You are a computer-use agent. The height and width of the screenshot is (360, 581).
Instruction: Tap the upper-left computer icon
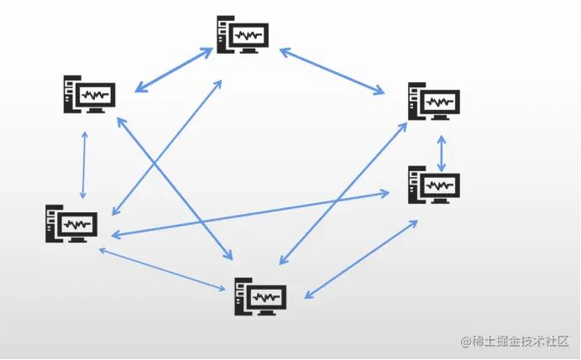[x=89, y=95]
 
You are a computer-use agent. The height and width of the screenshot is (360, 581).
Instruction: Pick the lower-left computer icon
[x=71, y=224]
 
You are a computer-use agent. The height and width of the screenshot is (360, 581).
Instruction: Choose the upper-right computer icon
[x=433, y=102]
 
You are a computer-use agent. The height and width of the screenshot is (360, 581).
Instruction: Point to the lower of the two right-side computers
[x=433, y=185]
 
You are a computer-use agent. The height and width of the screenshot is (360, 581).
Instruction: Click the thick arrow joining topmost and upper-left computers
[x=174, y=70]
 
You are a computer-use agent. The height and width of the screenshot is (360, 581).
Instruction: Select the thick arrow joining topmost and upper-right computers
[x=332, y=70]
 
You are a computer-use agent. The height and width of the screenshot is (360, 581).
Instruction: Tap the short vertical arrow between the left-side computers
[x=83, y=164]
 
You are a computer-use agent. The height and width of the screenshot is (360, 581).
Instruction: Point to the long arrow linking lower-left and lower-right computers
[x=252, y=213]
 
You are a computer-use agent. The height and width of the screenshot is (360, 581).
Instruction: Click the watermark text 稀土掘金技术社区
[x=521, y=342]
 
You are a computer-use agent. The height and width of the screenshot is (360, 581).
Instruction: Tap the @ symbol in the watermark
[x=463, y=342]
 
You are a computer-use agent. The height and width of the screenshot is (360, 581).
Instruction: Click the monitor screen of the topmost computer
[x=249, y=35]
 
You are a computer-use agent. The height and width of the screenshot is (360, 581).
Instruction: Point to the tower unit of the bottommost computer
[x=241, y=297]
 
